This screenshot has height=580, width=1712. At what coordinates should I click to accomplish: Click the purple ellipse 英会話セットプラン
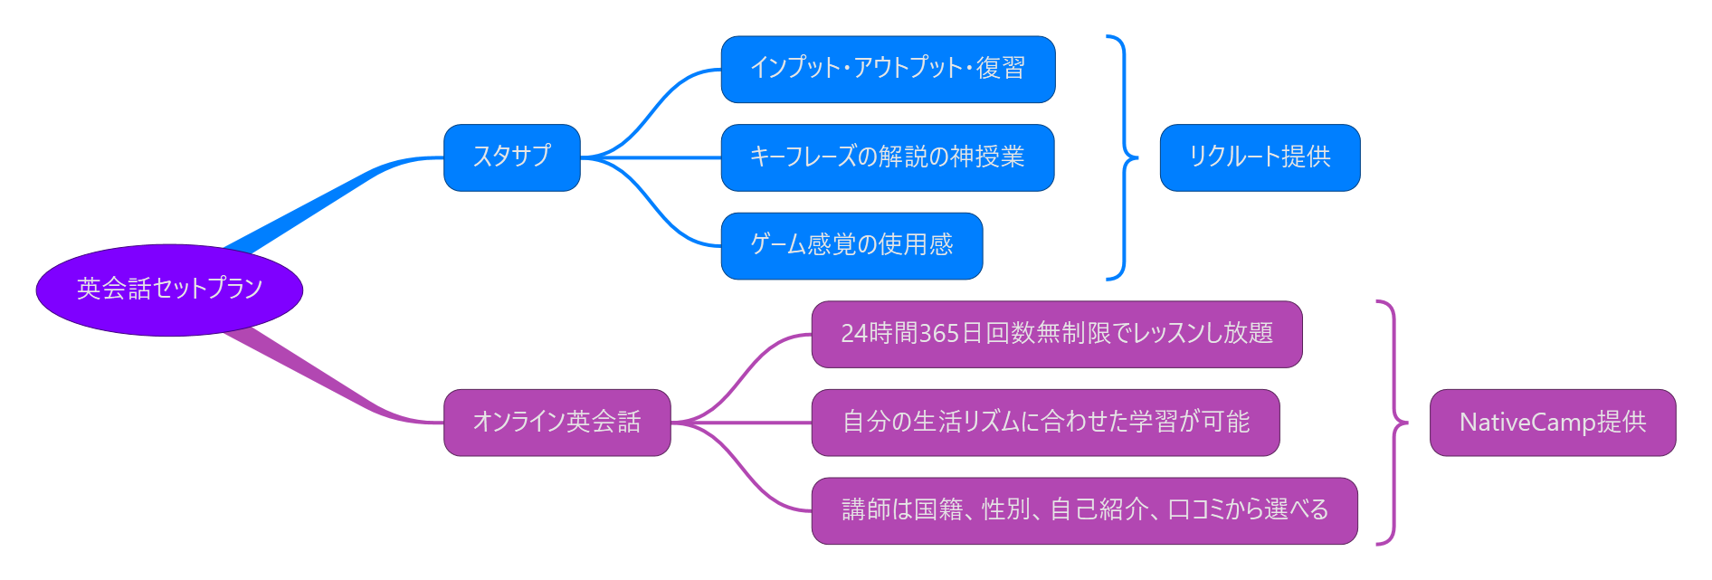(x=169, y=290)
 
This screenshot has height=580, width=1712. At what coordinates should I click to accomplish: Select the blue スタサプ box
(x=511, y=157)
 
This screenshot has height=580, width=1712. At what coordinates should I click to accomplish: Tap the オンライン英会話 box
(x=556, y=423)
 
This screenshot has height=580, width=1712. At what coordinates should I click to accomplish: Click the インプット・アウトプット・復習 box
(x=888, y=70)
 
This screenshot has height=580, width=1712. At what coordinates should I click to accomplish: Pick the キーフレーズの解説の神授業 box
(x=887, y=157)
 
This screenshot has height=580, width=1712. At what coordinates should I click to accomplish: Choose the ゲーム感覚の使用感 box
(x=851, y=246)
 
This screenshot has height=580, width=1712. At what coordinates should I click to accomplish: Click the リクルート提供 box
(x=1260, y=157)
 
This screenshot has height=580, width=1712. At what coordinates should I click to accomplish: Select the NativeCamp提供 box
(x=1552, y=423)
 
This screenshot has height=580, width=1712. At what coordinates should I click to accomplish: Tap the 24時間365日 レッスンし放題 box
(x=1056, y=335)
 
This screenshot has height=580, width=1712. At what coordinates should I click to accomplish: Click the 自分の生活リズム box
(x=1045, y=423)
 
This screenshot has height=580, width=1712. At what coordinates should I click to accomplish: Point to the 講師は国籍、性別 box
(x=1084, y=511)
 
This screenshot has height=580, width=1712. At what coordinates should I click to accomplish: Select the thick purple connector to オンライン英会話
(x=326, y=385)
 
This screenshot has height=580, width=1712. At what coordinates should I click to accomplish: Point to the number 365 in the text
(x=938, y=334)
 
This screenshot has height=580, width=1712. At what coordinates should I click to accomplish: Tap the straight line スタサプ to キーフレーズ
(x=652, y=157)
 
